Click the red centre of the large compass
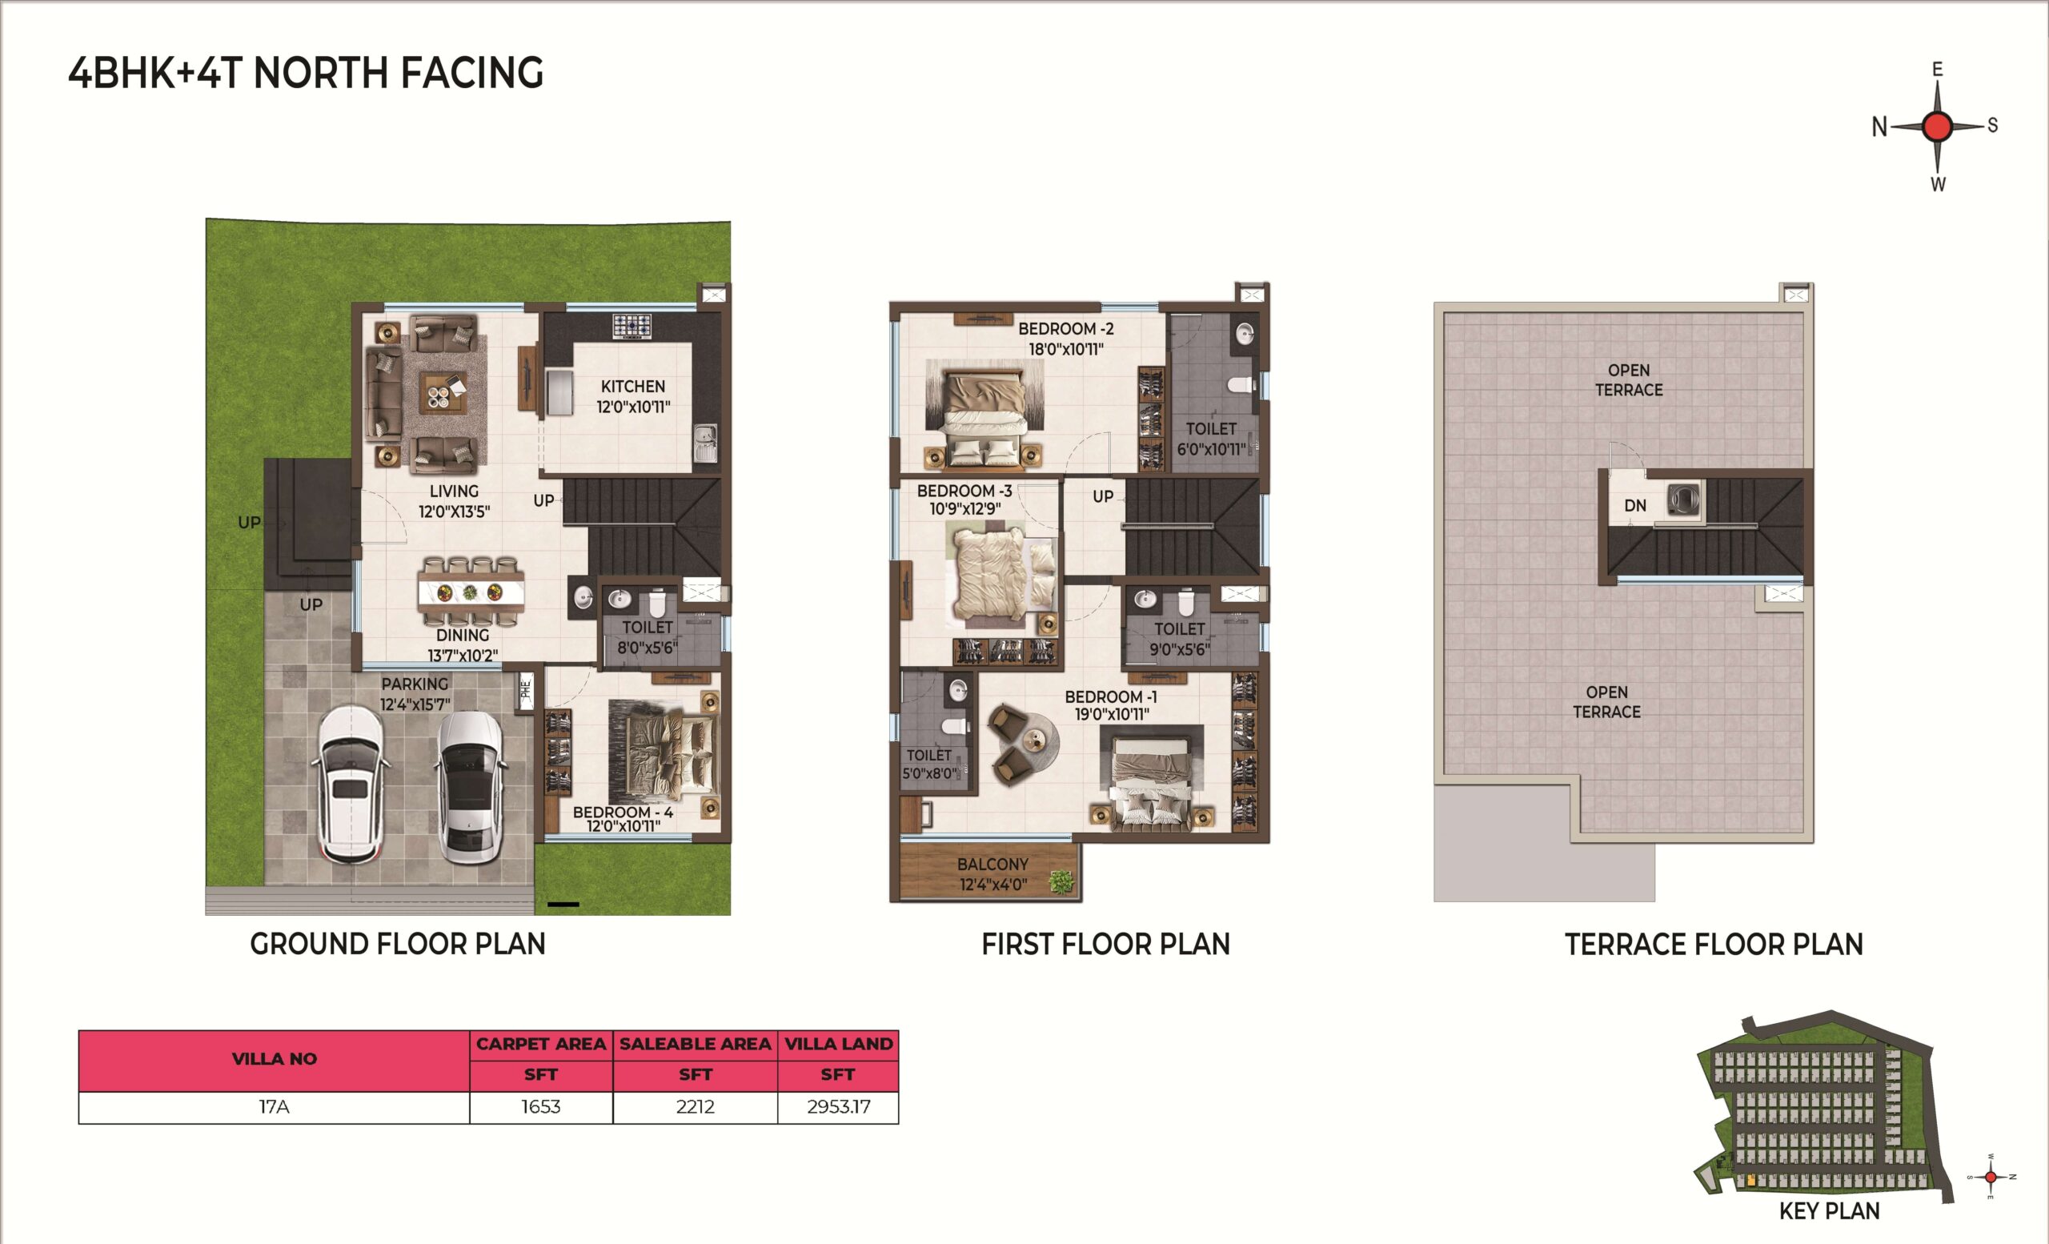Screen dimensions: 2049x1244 [1938, 126]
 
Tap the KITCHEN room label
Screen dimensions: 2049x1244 [633, 387]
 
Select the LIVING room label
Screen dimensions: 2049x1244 [454, 492]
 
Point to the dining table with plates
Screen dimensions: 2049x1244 [471, 592]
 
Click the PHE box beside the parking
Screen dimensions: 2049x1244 [526, 689]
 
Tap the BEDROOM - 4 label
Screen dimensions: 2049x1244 [623, 812]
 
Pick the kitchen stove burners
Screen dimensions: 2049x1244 [632, 326]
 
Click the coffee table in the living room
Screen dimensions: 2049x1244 [443, 391]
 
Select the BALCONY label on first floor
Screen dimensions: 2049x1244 [993, 865]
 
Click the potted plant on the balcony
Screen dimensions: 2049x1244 [1061, 881]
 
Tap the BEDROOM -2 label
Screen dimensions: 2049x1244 [1066, 329]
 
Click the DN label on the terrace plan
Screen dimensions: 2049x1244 [1635, 506]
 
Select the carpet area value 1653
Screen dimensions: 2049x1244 [540, 1107]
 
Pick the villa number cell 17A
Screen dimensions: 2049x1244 [275, 1107]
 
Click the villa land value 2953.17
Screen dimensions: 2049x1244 [838, 1107]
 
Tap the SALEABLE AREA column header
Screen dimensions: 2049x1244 [696, 1045]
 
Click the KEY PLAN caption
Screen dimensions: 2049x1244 [1830, 1210]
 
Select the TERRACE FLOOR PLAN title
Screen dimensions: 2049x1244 [1714, 945]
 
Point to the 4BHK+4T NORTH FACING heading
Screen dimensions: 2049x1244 [305, 73]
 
